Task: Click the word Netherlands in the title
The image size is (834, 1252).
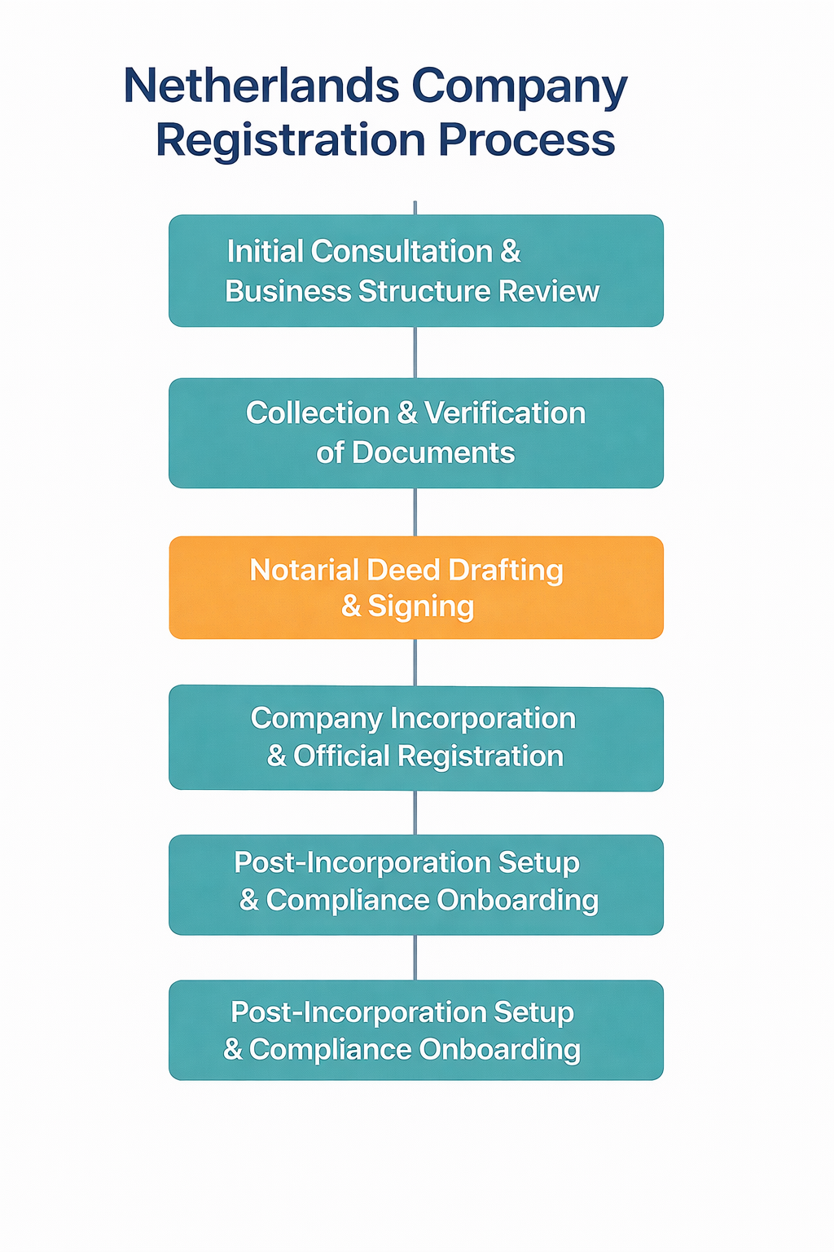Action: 261,86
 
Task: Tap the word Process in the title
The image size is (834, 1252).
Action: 527,140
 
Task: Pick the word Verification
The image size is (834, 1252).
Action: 505,413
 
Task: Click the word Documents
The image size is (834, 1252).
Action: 433,452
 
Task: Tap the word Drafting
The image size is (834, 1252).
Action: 506,570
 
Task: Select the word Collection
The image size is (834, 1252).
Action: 318,413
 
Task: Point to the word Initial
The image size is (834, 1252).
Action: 265,252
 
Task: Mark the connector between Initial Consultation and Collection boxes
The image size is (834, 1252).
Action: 415,352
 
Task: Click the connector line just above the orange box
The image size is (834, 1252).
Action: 415,512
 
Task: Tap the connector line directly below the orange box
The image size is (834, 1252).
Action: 415,662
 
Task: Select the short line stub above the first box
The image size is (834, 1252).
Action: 415,208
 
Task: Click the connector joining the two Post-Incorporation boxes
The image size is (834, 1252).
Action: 415,958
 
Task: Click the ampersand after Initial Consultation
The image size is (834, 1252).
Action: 511,252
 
